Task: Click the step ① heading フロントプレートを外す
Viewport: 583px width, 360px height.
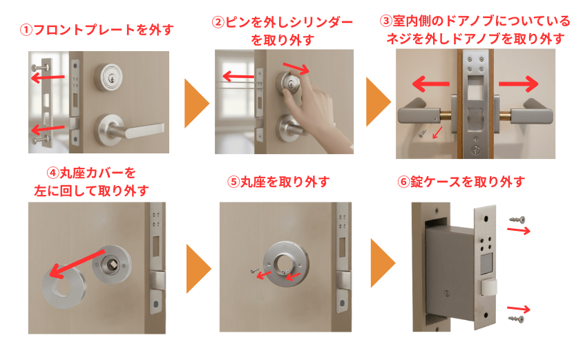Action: (97, 30)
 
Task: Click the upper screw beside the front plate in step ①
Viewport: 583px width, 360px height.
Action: (38, 68)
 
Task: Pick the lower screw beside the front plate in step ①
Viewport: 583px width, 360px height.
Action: (38, 140)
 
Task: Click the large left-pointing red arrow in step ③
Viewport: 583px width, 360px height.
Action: (428, 84)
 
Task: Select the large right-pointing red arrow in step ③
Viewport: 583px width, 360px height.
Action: (518, 84)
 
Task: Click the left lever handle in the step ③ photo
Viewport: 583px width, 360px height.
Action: (421, 111)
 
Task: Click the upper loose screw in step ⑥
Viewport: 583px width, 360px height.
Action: (516, 219)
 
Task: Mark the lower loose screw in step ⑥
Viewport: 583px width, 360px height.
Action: (516, 319)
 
